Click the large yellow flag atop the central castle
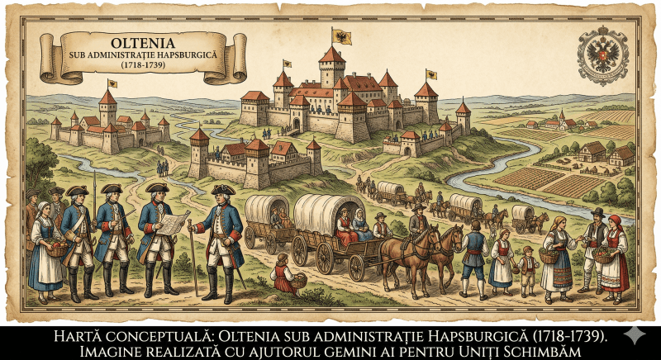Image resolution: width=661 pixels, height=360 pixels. pyautogui.click(x=340, y=37)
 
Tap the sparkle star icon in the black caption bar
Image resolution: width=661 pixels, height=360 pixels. pyautogui.click(x=634, y=335)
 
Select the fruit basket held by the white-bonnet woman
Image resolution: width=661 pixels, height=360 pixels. pyautogui.click(x=58, y=248)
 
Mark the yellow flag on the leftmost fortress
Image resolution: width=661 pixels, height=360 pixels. pyautogui.click(x=112, y=83)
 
